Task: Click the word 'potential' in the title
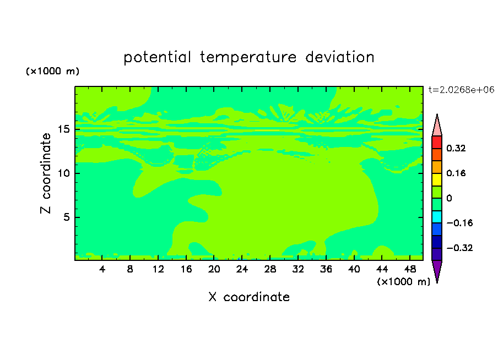click(x=157, y=57)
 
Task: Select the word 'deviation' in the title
click(x=340, y=57)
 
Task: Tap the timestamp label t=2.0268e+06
click(x=461, y=90)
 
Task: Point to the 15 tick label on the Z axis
click(x=63, y=129)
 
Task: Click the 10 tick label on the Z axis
click(x=63, y=173)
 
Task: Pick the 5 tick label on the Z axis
click(x=66, y=217)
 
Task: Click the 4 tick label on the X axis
click(x=102, y=269)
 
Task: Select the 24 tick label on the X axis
click(x=242, y=269)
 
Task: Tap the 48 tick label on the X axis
click(x=410, y=269)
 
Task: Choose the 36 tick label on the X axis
click(x=326, y=269)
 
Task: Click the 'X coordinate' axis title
click(x=249, y=297)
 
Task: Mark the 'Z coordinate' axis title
click(x=45, y=173)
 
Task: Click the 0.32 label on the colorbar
click(x=456, y=148)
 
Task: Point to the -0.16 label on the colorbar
click(x=459, y=223)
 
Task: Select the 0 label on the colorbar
click(x=449, y=198)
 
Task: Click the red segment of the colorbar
click(x=437, y=142)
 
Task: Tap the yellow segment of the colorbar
click(x=437, y=179)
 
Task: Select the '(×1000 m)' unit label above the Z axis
click(x=52, y=71)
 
